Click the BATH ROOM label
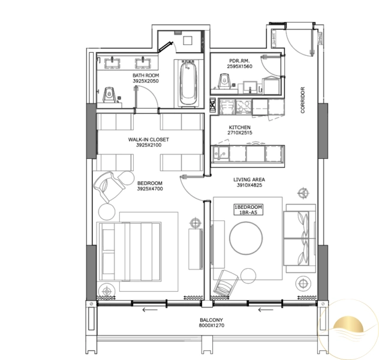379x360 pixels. (145, 76)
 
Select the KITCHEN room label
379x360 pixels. (239, 127)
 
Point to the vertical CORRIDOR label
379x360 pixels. (303, 99)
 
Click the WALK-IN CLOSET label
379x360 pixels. (149, 139)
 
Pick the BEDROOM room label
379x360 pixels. (149, 182)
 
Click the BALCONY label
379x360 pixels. (210, 320)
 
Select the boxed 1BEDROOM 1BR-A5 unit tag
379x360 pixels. (248, 210)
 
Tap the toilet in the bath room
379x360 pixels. (109, 94)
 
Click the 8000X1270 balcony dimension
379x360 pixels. (210, 327)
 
